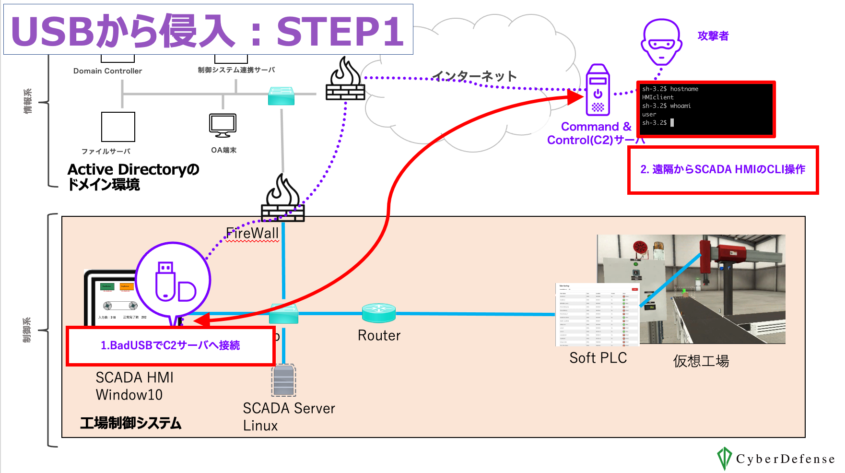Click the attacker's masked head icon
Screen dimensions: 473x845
point(661,42)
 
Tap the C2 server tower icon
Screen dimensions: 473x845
point(598,90)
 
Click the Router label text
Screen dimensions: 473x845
point(379,335)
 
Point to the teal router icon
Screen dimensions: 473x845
point(379,313)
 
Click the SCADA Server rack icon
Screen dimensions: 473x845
point(283,380)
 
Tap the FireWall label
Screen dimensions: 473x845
point(252,234)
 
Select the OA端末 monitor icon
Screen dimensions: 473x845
point(223,126)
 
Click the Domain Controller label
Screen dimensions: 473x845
point(107,71)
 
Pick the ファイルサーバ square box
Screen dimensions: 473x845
point(118,127)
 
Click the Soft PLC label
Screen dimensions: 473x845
point(598,358)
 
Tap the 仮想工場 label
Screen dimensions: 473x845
point(701,361)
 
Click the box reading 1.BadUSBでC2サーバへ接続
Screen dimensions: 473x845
point(170,345)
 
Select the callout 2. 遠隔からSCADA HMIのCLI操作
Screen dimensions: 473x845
point(723,170)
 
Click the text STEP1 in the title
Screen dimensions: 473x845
point(340,32)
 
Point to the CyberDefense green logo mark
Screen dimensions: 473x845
point(724,458)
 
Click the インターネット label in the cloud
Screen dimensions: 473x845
point(474,76)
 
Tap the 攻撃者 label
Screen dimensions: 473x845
point(713,36)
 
